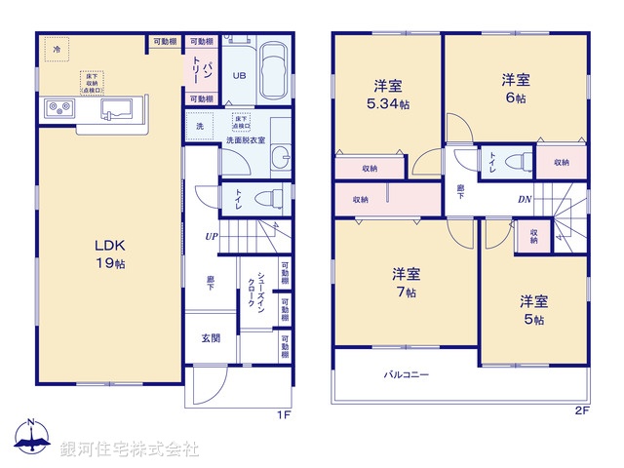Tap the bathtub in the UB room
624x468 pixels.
274,74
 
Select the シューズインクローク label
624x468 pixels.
251,291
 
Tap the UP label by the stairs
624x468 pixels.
211,236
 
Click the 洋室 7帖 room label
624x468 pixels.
406,283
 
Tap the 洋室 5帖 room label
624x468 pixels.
532,311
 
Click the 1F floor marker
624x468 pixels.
283,413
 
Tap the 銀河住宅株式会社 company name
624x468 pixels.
130,448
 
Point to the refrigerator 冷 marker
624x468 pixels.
57,48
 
